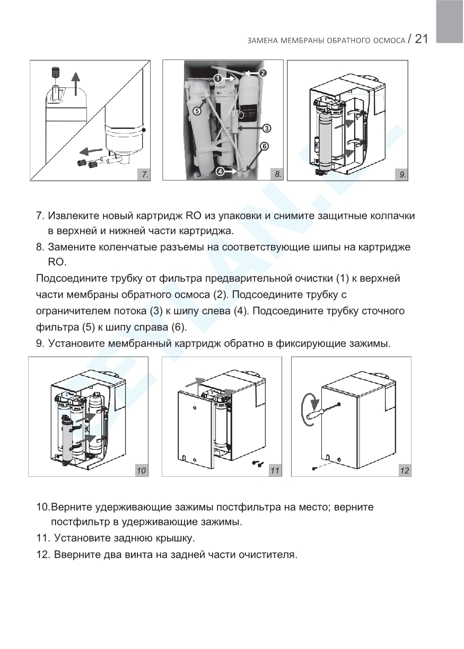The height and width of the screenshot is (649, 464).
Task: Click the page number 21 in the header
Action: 421,39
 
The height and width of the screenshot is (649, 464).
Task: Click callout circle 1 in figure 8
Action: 217,78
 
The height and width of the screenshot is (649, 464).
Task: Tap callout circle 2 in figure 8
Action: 262,73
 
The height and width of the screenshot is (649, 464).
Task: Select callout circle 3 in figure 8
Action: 267,128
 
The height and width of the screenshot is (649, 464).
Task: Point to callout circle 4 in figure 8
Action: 220,171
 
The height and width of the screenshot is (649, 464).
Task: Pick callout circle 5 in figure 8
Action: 197,111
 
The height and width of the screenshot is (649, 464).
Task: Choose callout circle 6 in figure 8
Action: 264,146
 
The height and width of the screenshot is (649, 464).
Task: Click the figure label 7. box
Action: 143,174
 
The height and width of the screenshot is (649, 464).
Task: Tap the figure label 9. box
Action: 401,174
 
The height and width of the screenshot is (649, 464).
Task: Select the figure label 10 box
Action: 141,470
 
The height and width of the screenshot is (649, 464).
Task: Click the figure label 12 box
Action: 405,470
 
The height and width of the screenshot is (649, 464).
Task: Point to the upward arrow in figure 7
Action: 77,84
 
